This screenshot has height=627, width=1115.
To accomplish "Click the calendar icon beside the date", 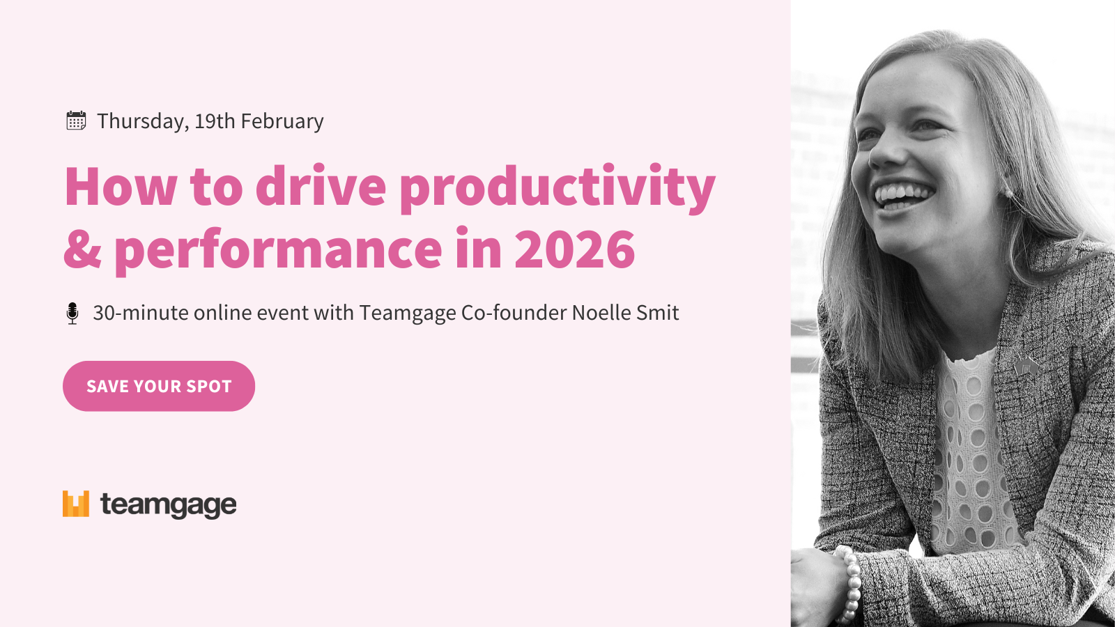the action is coord(76,121).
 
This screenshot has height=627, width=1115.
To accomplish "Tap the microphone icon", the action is coord(72,313).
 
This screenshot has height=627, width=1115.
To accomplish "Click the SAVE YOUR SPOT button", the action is coord(159,386).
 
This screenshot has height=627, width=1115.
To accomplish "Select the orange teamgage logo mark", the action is coord(76,504).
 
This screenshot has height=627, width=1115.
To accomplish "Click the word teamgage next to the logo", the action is coord(169,506).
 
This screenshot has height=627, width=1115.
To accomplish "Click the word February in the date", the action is coord(282,121).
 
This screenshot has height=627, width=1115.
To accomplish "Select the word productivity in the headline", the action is coord(557,189).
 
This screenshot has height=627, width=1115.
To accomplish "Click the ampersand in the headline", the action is coord(83,249).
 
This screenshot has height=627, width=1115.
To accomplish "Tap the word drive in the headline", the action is coord(321,185).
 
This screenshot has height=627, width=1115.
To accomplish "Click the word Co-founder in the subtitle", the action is coord(514,313).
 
